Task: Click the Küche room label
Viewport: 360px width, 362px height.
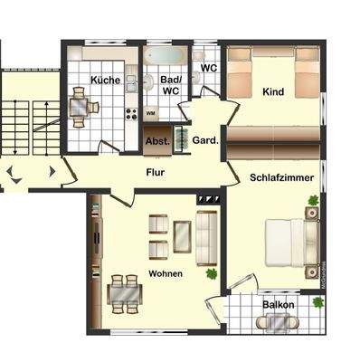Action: point(106,81)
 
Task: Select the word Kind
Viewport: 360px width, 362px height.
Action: point(272,92)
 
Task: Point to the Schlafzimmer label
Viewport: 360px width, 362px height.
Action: point(279,178)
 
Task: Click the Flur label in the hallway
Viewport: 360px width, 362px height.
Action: point(156,171)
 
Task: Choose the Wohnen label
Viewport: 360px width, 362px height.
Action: point(166,272)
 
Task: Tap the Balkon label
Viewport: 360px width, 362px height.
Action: point(279,305)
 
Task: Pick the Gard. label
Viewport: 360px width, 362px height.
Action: point(202,140)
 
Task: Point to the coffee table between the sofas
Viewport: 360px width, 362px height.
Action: point(183,235)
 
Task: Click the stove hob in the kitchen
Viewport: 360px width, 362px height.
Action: point(130,115)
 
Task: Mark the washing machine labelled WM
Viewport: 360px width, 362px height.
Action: point(151,113)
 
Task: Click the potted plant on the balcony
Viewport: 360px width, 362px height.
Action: point(317,302)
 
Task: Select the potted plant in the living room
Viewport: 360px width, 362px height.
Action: point(212,272)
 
